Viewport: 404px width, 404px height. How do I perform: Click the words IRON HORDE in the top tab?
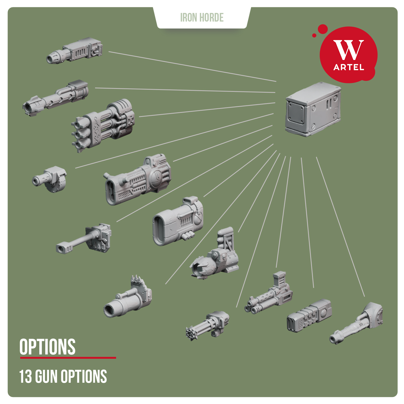(202, 18)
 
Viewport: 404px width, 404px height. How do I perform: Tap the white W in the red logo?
(349, 50)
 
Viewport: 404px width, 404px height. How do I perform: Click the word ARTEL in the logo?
(349, 67)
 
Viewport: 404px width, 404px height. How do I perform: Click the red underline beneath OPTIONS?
(68, 358)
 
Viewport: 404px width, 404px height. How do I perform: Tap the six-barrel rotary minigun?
(207, 325)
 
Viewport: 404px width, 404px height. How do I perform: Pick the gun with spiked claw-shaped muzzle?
(214, 254)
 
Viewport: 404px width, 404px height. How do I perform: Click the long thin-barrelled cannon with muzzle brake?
(83, 238)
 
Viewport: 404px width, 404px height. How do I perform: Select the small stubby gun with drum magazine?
(50, 179)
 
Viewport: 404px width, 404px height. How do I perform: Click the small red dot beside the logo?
(314, 35)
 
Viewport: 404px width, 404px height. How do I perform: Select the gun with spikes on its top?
(128, 297)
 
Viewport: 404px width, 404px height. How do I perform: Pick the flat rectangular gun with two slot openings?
(309, 316)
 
